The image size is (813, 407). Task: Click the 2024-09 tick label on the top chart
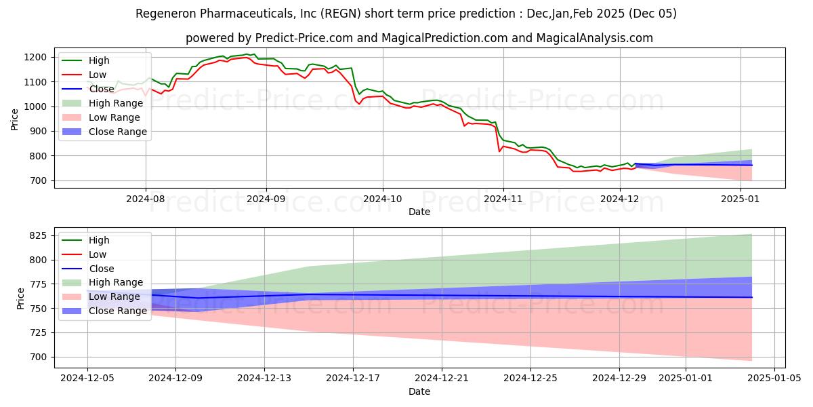pos(266,199)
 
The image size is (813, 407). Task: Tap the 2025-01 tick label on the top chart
pos(741,199)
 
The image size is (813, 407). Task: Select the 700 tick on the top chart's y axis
pos(39,180)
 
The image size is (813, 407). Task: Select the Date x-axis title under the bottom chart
pos(419,392)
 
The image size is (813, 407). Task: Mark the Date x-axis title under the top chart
pos(419,212)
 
